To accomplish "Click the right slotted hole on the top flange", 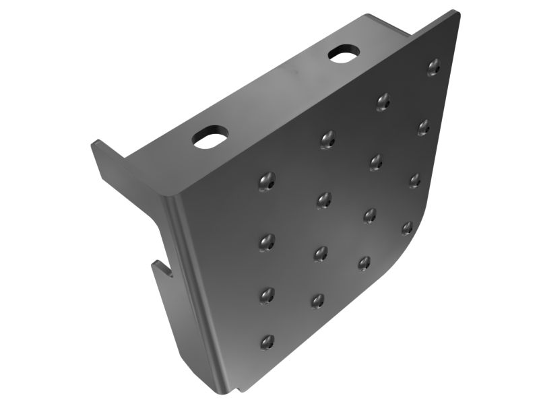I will (x=344, y=54).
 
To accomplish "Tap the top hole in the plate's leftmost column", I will (x=267, y=182).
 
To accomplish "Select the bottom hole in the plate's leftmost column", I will (x=267, y=341).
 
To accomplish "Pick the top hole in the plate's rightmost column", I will (x=435, y=66).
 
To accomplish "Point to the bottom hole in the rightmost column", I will (x=407, y=228).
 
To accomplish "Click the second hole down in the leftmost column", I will (x=267, y=242).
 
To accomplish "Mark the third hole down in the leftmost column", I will (x=267, y=294).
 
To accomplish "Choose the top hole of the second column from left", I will (x=327, y=139).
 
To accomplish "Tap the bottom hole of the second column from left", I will (x=318, y=300).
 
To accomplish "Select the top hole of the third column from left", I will (x=383, y=101).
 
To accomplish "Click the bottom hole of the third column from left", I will (x=364, y=262).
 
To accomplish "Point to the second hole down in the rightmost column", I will (x=423, y=126).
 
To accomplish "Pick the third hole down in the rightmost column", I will (x=414, y=180).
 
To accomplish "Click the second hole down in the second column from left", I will (x=324, y=199).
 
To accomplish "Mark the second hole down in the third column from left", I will (x=375, y=161).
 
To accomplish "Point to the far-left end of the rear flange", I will (x=96, y=145).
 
